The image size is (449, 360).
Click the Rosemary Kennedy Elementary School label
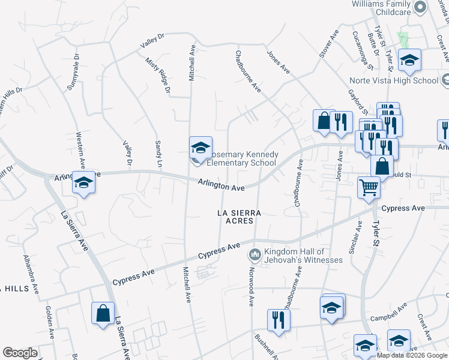[241, 158]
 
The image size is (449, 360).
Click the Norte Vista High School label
[394, 80]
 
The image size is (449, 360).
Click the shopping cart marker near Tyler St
[369, 188]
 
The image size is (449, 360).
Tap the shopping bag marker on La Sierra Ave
[103, 313]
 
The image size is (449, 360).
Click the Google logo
[20, 353]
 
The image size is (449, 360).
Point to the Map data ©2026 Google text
[412, 355]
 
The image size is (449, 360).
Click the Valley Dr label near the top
[152, 43]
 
